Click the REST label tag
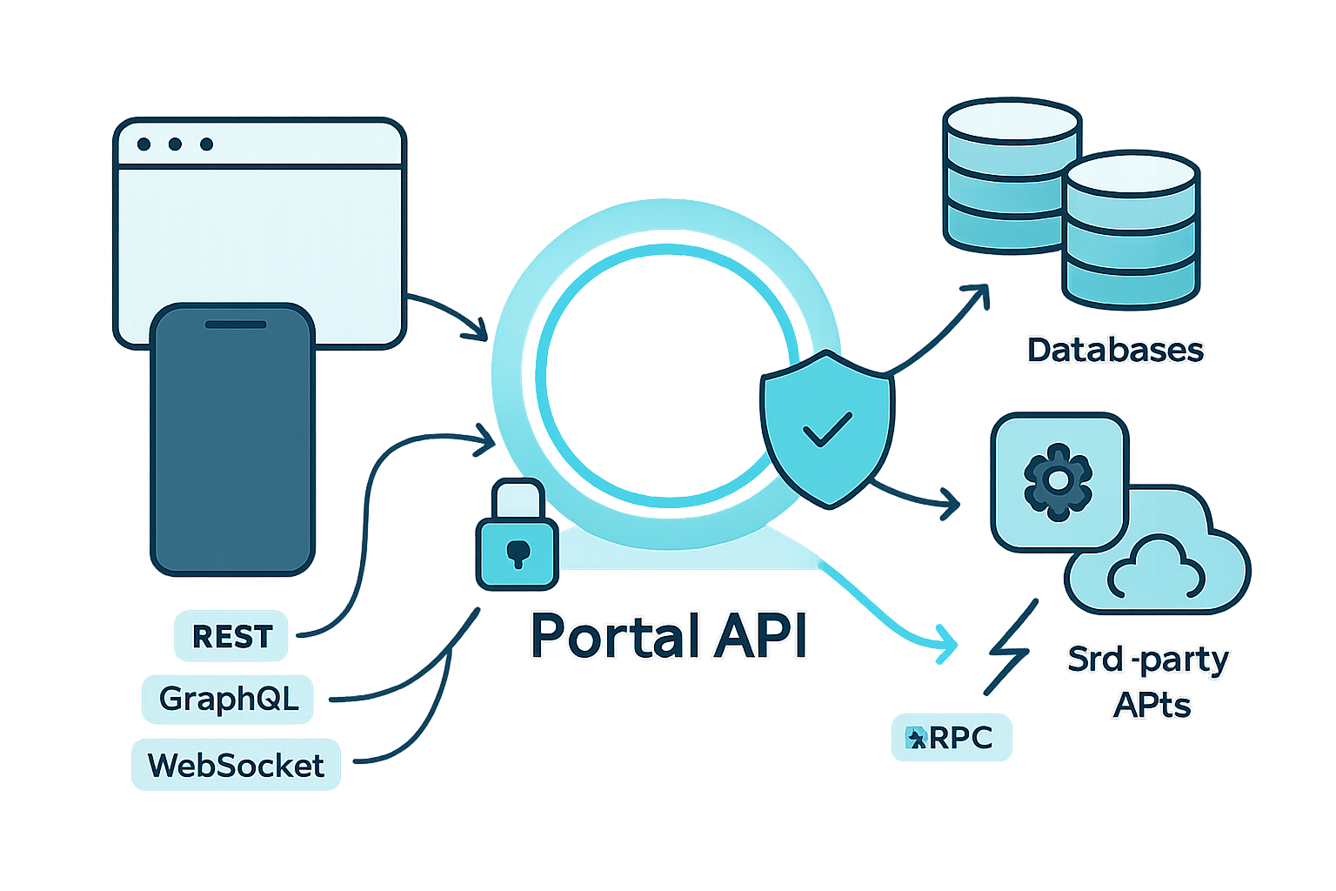[x=232, y=636]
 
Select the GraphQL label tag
[x=229, y=698]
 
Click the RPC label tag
[x=951, y=738]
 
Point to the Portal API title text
[x=668, y=636]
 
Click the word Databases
[x=1114, y=350]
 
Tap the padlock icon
[x=517, y=536]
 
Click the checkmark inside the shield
[x=827, y=429]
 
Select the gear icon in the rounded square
[x=1058, y=481]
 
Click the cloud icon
[x=1157, y=568]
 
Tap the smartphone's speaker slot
[x=235, y=325]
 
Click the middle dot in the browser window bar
[x=175, y=144]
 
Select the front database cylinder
[x=1131, y=230]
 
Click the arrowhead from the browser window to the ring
[x=477, y=331]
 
